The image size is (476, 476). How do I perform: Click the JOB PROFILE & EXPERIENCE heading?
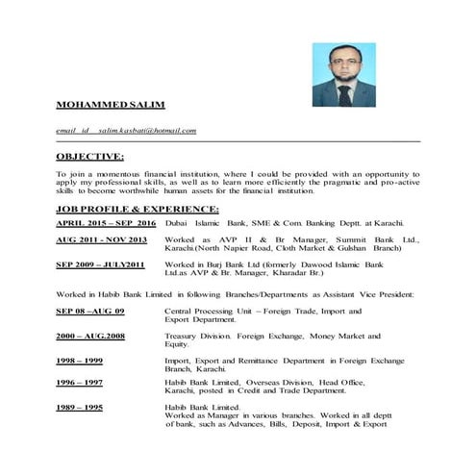[138, 209]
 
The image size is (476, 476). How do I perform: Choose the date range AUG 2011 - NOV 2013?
[101, 238]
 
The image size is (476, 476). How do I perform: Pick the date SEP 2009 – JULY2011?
[100, 263]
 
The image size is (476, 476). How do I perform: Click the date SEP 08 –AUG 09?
[90, 313]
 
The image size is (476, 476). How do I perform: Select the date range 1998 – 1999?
[79, 361]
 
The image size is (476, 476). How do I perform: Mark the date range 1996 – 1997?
[79, 383]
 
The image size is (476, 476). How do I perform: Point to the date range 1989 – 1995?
[79, 408]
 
